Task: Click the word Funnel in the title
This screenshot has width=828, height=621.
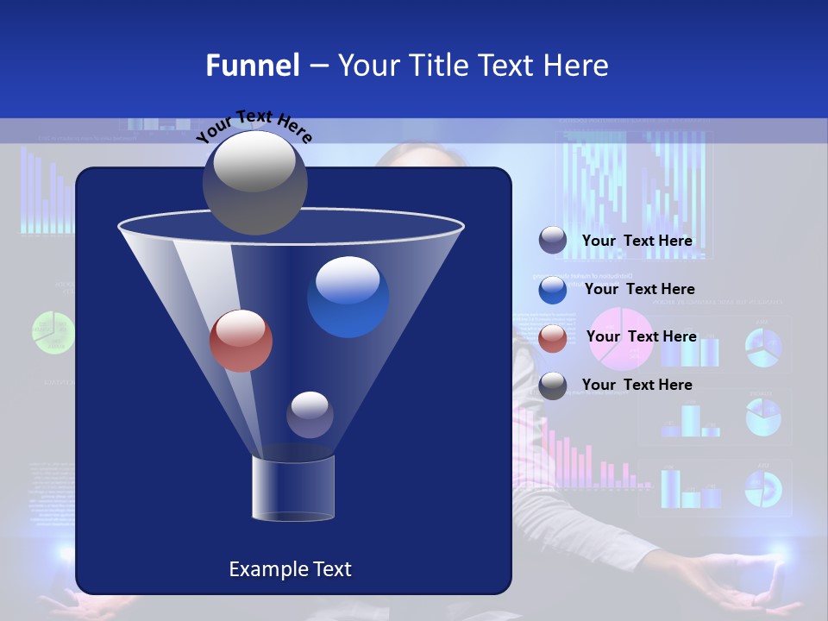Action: tap(253, 66)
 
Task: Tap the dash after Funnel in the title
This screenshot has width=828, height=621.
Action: tap(318, 66)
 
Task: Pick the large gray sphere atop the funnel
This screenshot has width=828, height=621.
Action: tap(254, 182)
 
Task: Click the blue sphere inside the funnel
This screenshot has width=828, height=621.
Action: tap(348, 297)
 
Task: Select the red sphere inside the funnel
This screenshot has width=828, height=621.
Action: tap(241, 341)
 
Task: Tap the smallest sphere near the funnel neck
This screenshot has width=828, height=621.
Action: tap(310, 415)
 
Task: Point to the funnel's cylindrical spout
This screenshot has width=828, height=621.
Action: tap(293, 488)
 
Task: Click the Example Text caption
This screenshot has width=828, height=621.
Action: tap(290, 569)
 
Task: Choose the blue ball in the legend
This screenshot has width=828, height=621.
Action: tap(553, 290)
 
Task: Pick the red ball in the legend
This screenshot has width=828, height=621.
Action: tap(553, 338)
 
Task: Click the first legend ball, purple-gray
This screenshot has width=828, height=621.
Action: tap(553, 241)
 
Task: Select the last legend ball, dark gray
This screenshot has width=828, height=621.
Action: tap(553, 386)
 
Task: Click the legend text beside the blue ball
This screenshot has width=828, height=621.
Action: tap(639, 289)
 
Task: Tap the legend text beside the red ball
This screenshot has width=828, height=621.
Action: tap(641, 336)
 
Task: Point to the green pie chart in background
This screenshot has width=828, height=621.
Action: tap(51, 332)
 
